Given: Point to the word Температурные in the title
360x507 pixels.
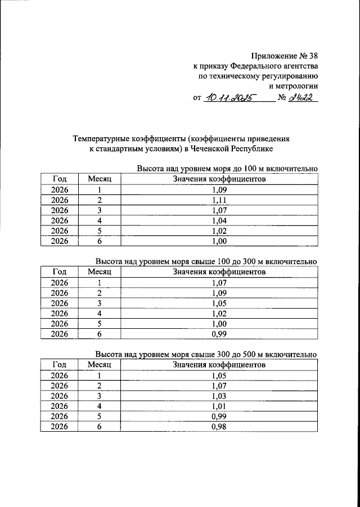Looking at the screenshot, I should pyautogui.click(x=101, y=138).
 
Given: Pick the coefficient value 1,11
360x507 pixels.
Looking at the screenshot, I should pyautogui.click(x=219, y=201).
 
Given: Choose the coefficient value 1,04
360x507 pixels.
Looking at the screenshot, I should pyautogui.click(x=219, y=221).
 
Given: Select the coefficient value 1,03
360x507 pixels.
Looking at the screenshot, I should pyautogui.click(x=219, y=396).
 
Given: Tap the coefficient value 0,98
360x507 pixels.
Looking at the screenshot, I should pyautogui.click(x=219, y=427).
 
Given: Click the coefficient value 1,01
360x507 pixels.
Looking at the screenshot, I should pyautogui.click(x=219, y=406).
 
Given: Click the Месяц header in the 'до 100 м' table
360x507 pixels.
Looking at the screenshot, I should pyautogui.click(x=100, y=179).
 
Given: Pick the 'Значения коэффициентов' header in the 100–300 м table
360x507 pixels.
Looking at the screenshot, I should pyautogui.click(x=219, y=272).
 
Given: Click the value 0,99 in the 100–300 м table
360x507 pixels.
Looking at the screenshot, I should pyautogui.click(x=219, y=334).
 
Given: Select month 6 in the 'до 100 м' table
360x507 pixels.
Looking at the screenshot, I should pyautogui.click(x=100, y=242).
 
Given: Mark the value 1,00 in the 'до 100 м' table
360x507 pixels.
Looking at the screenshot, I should pyautogui.click(x=219, y=242).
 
